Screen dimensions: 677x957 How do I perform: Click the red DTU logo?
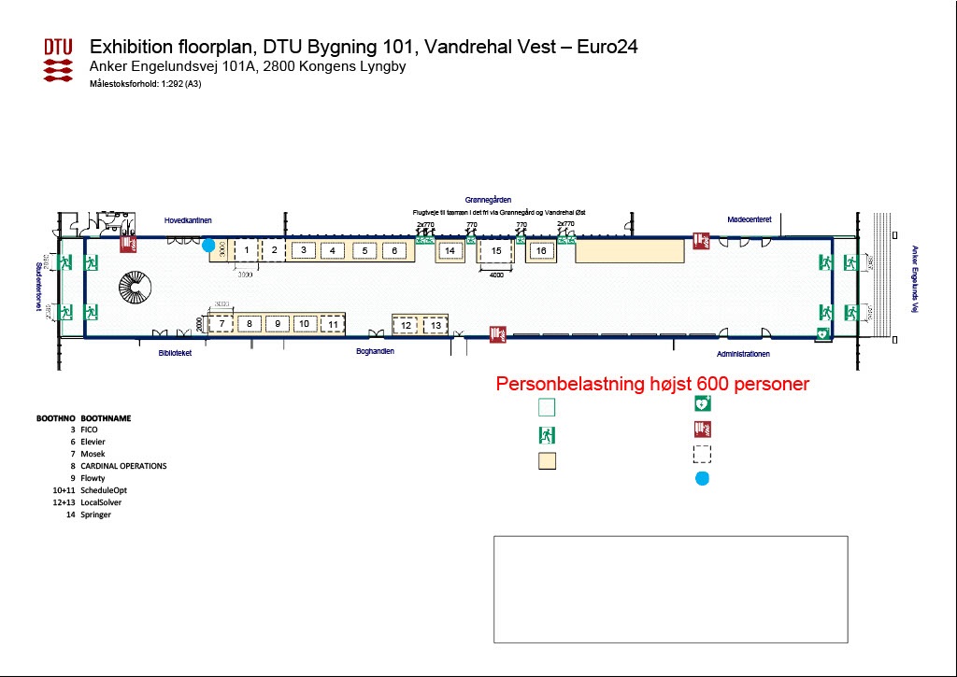[59, 59]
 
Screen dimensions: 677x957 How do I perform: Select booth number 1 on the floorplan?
[245, 249]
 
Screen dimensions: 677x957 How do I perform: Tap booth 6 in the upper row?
[395, 250]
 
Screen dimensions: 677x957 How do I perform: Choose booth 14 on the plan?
[450, 251]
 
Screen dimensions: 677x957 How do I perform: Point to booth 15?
[496, 251]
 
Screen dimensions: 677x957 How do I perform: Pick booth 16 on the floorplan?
[540, 250]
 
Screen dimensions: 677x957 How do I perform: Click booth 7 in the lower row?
[221, 324]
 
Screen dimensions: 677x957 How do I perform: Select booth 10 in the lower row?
[304, 324]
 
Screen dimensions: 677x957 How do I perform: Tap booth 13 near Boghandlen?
[436, 325]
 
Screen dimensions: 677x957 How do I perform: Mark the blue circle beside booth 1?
[208, 246]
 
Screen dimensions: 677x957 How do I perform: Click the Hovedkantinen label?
[188, 220]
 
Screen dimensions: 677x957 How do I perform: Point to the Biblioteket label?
[175, 353]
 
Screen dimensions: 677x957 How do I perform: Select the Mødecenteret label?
[749, 219]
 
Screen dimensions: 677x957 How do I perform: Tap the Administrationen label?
[743, 354]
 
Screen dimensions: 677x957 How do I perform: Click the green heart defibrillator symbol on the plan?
[821, 333]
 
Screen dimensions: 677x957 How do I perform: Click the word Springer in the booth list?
[96, 515]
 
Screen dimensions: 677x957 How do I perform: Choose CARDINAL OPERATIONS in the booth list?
[123, 466]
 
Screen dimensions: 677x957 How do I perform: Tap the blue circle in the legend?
[702, 478]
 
